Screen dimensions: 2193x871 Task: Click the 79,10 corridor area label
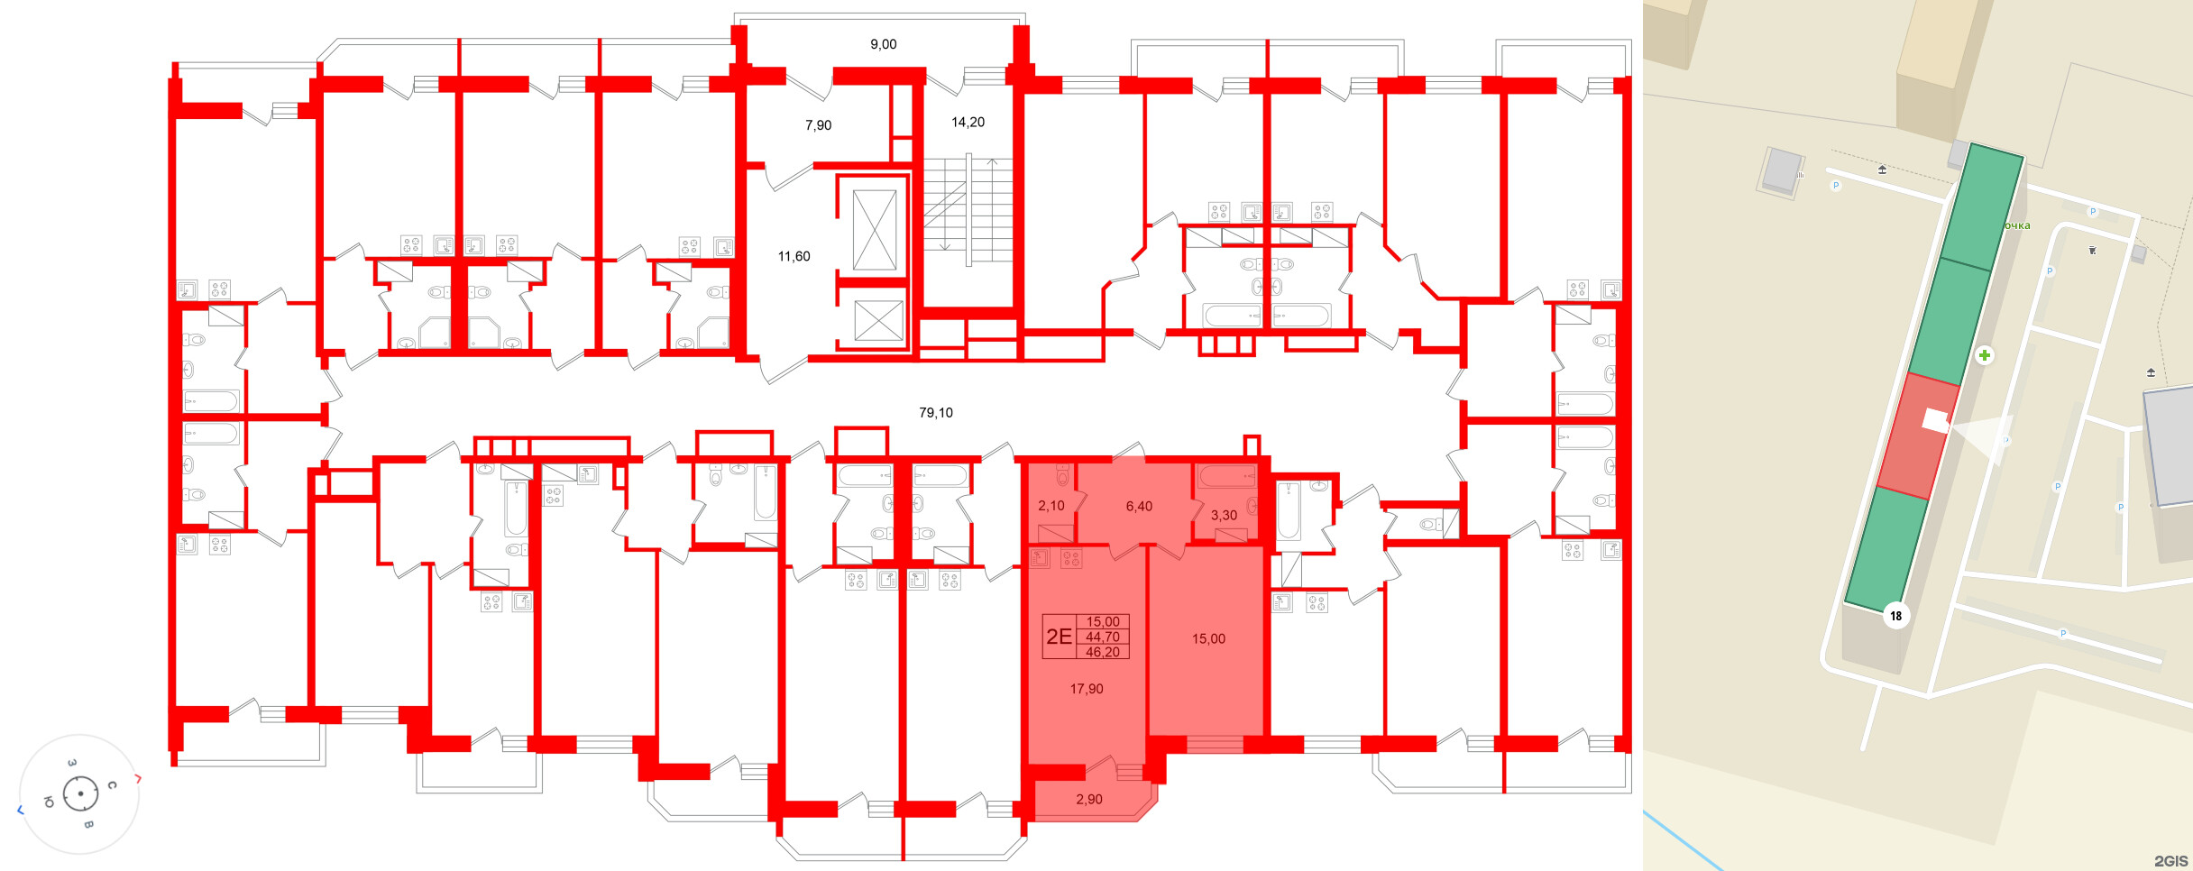pos(935,413)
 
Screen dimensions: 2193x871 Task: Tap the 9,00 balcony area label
pos(883,44)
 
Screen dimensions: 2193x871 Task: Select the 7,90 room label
pos(818,125)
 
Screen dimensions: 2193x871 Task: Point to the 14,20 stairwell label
pos(968,122)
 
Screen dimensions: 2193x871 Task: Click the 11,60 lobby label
pos(794,256)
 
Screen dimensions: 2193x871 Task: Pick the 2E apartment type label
pos(1059,637)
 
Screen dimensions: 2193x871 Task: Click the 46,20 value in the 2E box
pos(1102,652)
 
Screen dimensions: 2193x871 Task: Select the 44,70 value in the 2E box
pos(1102,637)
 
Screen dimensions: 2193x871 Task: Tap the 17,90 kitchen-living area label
pos(1086,689)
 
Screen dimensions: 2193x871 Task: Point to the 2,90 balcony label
pos(1088,799)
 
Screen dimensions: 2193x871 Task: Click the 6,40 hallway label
pos(1139,507)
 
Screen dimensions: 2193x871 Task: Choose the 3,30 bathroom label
pos(1224,516)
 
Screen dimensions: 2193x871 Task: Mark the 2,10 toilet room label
pos(1051,506)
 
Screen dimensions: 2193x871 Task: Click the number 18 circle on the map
pos(1896,616)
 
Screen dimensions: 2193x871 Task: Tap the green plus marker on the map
pos(1985,355)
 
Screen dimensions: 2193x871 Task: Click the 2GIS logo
pos(2171,861)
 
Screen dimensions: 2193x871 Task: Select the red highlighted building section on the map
pos(1919,435)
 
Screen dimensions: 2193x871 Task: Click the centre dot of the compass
pos(81,793)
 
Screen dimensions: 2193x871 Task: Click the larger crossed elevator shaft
pos(875,230)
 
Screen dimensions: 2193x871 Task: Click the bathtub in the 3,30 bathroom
pos(1227,476)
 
